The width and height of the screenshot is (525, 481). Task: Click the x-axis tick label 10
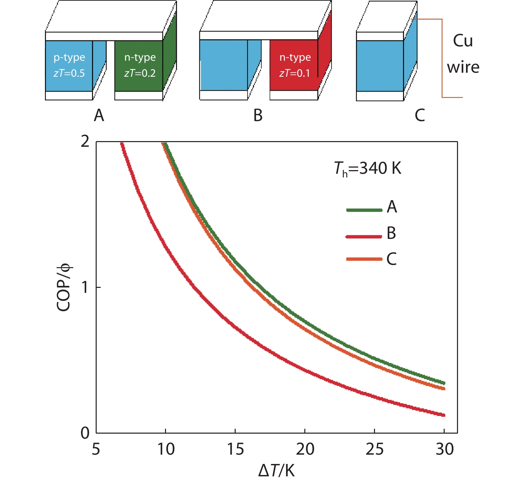point(166,449)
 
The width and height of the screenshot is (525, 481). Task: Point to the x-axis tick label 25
point(374,449)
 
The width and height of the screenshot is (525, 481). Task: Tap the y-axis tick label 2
point(85,142)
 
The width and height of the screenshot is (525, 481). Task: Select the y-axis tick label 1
point(85,287)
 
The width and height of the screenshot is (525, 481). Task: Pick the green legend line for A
point(364,210)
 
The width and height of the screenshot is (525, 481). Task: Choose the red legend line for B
point(364,236)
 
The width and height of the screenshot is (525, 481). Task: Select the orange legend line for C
point(364,259)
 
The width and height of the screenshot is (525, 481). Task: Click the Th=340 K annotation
point(368,169)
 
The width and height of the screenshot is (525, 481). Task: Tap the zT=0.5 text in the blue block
point(69,73)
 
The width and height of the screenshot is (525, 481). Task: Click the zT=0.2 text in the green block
point(140,73)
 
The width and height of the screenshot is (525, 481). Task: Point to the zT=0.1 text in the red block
point(295,73)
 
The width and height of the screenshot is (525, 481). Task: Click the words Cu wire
point(463,54)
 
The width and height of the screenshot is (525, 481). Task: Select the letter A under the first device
point(99,115)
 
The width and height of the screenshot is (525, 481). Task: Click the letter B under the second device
point(258,115)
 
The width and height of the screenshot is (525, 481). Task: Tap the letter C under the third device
point(420,115)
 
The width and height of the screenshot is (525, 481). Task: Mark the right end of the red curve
point(444,415)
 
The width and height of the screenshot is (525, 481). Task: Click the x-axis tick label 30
point(445,449)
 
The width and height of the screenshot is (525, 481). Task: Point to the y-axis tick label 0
point(85,433)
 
